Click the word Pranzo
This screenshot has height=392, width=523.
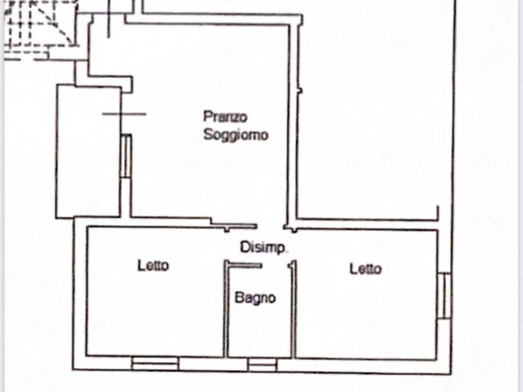point(225,117)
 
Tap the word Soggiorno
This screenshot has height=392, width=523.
point(235,135)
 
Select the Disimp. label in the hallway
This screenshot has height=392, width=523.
point(263,248)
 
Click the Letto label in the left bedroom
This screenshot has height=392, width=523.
point(153,266)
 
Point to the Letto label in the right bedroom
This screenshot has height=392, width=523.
point(365,268)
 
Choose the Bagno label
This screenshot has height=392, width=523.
point(255,298)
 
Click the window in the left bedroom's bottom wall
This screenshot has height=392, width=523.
point(155,363)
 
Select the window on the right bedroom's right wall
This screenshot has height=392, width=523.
point(444,296)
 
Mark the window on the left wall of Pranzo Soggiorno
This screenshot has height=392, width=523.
point(126,156)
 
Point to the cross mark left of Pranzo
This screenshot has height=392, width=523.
point(124,114)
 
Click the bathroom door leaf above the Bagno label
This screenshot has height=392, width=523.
point(245,264)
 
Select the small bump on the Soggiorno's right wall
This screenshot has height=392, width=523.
point(300,91)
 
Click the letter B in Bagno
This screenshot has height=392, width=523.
point(239,298)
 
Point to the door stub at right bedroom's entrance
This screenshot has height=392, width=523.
point(292,266)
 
